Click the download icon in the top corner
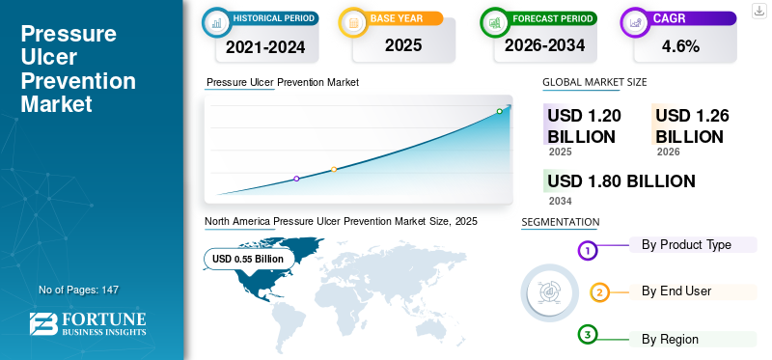pos(759,11)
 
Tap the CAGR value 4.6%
pos(681,46)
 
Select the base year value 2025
pos(403,45)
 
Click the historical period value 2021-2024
pos(265,46)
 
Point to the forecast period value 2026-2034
pos(544,45)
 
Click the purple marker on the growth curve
pos(296,179)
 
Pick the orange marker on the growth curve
pos(334,170)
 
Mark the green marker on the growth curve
pos(499,111)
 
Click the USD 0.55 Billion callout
pos(248,259)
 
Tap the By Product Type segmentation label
pos(686,245)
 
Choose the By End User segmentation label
pos(676,291)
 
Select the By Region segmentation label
pos(670,339)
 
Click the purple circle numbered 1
pos(587,251)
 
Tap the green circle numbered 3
pos(587,335)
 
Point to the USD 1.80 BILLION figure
pos(621,181)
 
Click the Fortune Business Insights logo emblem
pos(43,323)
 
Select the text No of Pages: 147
pos(79,290)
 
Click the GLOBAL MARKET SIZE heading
pos(594,82)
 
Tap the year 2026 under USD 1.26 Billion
pos(668,152)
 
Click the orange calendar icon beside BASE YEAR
pos(353,22)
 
